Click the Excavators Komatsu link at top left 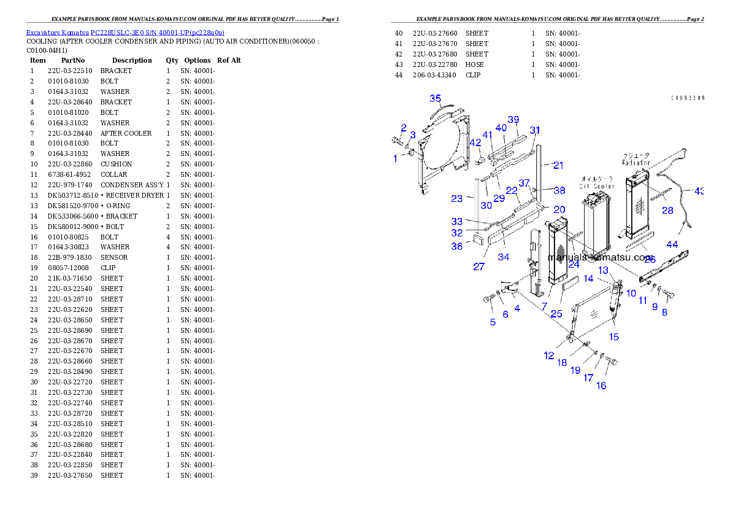125,32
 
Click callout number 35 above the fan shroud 435,98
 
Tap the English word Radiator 636,163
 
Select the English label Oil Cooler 596,186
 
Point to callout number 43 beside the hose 699,191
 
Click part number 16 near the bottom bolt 601,386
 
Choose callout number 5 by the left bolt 493,322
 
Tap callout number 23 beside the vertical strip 456,198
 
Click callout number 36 457,246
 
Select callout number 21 558,165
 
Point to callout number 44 672,244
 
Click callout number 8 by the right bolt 664,313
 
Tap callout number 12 548,356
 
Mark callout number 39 513,119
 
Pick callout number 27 478,266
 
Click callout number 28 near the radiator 667,211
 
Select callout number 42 475,142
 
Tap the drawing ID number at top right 687,98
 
